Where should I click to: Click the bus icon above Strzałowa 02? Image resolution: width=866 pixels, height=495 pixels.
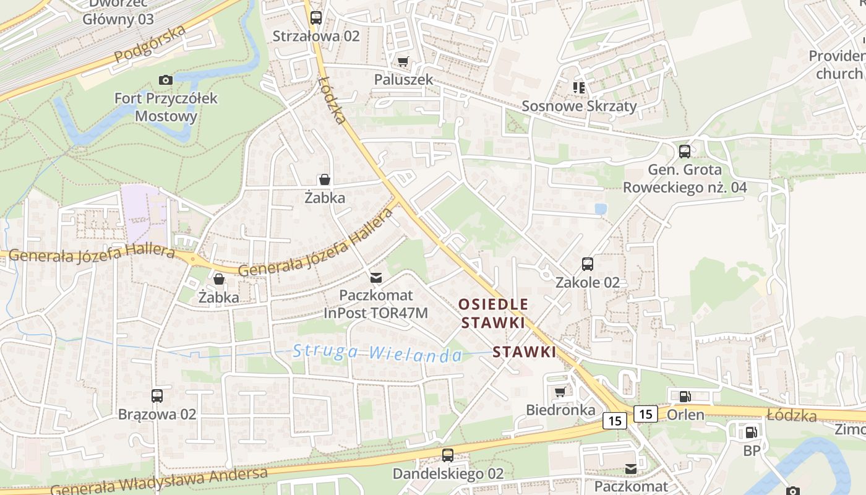316,17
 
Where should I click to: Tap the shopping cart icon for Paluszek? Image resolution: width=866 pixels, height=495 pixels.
403,62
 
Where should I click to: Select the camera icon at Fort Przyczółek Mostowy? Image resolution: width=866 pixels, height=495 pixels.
165,80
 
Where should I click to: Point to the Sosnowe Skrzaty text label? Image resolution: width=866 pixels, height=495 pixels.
579,106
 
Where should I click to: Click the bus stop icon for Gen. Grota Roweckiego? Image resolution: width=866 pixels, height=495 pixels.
685,151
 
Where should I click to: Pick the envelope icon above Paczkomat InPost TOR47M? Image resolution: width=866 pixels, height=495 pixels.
376,277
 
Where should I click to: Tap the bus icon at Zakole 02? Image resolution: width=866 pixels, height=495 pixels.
588,264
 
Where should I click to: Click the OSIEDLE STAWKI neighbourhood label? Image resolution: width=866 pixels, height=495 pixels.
494,313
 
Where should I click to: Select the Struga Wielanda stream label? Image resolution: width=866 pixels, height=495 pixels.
377,353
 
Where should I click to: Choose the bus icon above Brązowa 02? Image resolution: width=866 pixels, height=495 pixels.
157,395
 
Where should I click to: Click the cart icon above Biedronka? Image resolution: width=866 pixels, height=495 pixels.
560,392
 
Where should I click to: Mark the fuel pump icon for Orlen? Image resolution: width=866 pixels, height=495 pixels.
685,397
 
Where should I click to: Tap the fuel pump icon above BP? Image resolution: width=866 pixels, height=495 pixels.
751,433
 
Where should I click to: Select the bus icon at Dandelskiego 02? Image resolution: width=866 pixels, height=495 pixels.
448,455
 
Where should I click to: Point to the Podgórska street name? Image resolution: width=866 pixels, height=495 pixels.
150,45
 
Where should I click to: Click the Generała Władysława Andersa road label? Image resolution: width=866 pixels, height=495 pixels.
159,481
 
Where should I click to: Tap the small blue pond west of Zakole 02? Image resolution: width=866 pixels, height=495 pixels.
600,209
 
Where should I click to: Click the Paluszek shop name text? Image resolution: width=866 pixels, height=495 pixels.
403,80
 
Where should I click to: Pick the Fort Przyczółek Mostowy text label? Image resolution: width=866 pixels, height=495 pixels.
166,107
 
